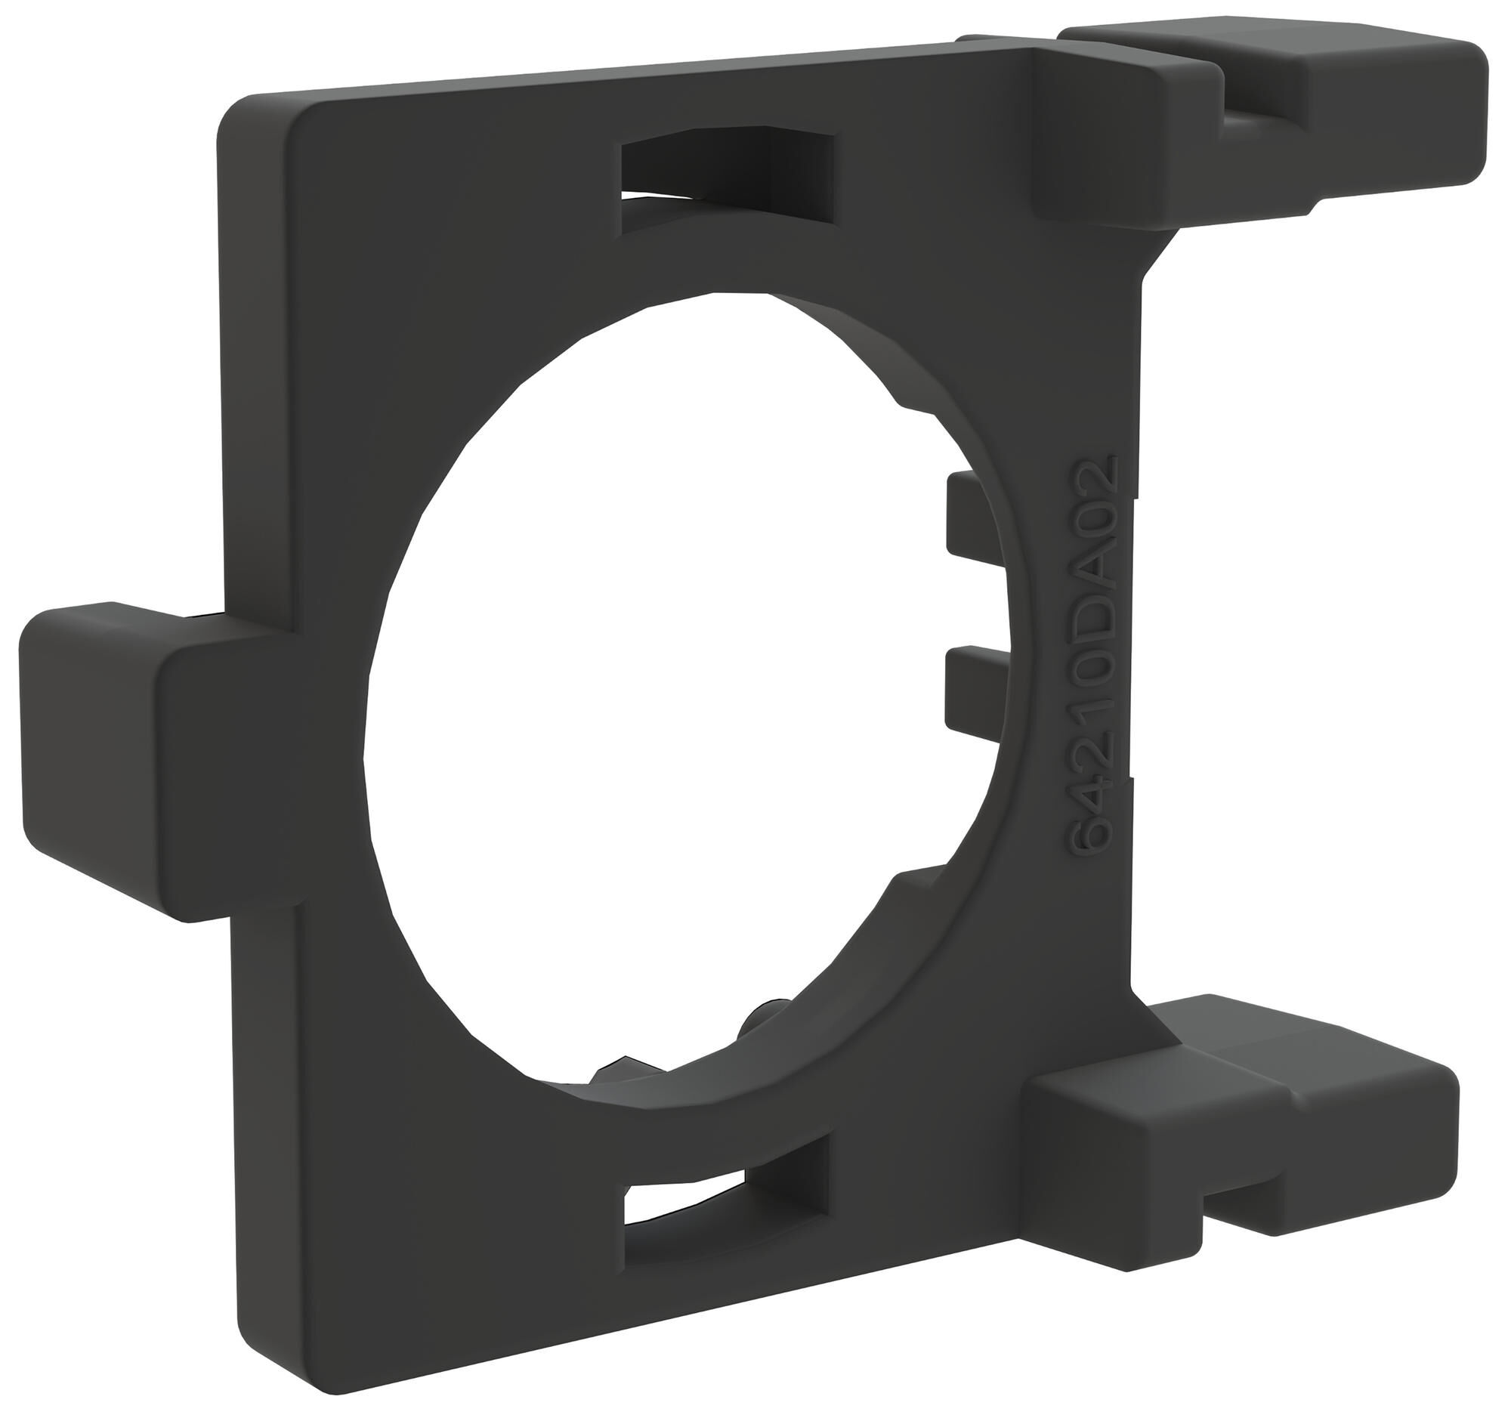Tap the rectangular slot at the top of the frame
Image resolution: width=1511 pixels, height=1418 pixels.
click(x=728, y=171)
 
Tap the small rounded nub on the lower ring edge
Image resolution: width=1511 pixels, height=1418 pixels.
click(x=760, y=1022)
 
